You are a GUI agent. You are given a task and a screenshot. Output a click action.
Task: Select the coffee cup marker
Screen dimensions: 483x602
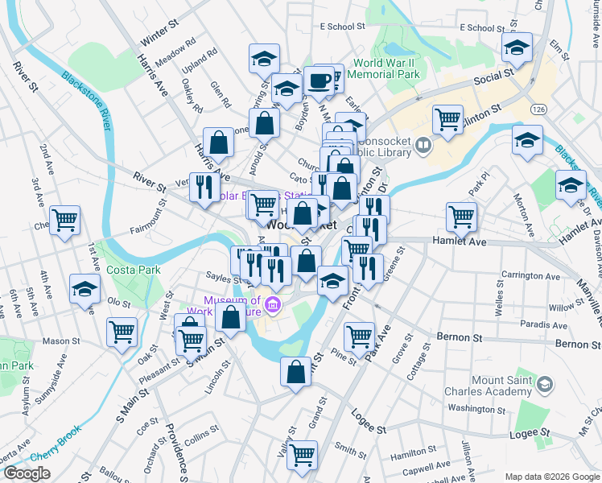pos(319,81)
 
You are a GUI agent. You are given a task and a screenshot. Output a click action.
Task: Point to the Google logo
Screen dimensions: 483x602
pos(27,474)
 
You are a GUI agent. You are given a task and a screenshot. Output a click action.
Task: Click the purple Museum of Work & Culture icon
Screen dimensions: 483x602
pos(273,304)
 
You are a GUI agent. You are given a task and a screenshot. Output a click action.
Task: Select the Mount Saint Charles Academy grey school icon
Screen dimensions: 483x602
pos(546,386)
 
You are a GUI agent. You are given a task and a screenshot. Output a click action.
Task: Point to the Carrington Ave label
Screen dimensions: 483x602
pos(530,276)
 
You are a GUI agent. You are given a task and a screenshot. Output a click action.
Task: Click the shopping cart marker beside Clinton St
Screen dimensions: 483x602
pos(447,119)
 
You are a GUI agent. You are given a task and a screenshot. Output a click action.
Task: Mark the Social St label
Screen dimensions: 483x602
pos(493,77)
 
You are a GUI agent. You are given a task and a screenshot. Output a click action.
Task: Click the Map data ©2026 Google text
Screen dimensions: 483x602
pos(551,476)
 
